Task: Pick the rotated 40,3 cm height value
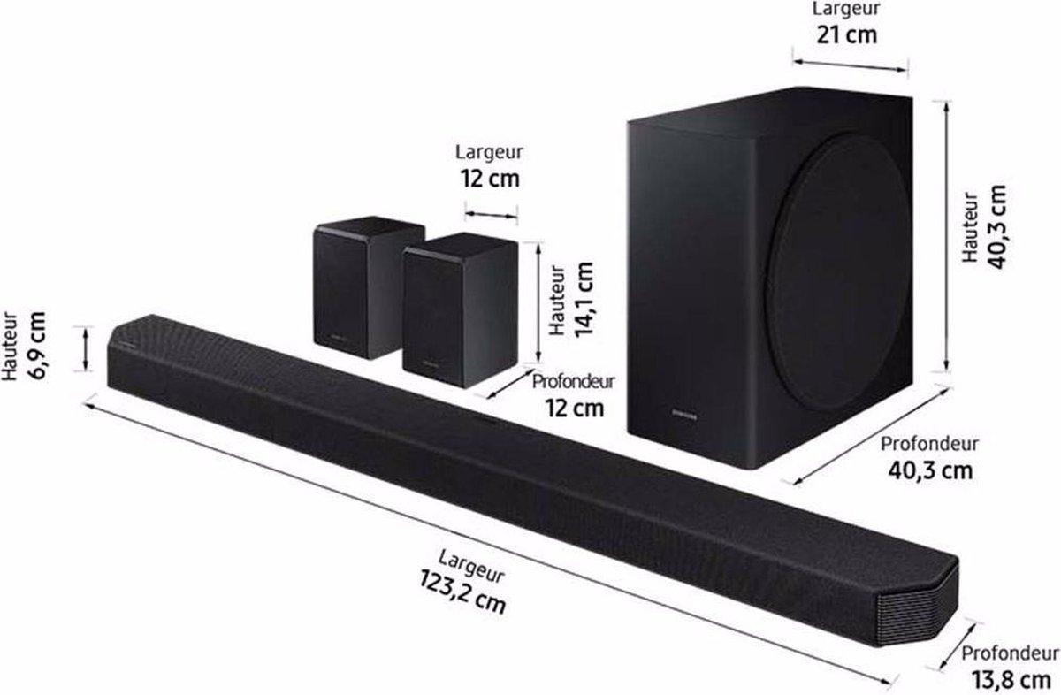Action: pyautogui.click(x=997, y=227)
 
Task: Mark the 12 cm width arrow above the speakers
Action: pyautogui.click(x=490, y=214)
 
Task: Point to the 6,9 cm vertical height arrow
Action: pyautogui.click(x=86, y=349)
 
